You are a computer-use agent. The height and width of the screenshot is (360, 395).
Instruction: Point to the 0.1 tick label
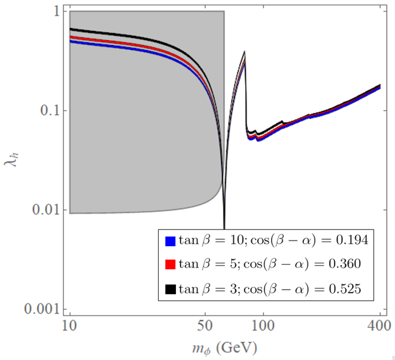(x=49, y=110)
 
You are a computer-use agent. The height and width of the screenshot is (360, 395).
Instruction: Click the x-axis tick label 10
(x=70, y=325)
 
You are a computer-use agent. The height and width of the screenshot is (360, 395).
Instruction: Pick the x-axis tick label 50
(x=205, y=325)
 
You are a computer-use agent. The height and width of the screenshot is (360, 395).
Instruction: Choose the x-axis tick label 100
(x=264, y=325)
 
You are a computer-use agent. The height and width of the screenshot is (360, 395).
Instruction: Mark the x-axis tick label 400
(x=380, y=325)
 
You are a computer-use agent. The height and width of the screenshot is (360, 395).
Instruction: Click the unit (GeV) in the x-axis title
(x=237, y=348)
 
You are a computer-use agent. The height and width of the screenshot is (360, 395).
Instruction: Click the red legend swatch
(x=170, y=265)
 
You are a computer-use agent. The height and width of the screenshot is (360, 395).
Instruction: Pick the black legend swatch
(x=170, y=289)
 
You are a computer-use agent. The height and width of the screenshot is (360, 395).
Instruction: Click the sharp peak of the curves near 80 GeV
(x=245, y=52)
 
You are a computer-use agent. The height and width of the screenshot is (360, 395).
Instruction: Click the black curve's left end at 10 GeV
(x=70, y=29)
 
